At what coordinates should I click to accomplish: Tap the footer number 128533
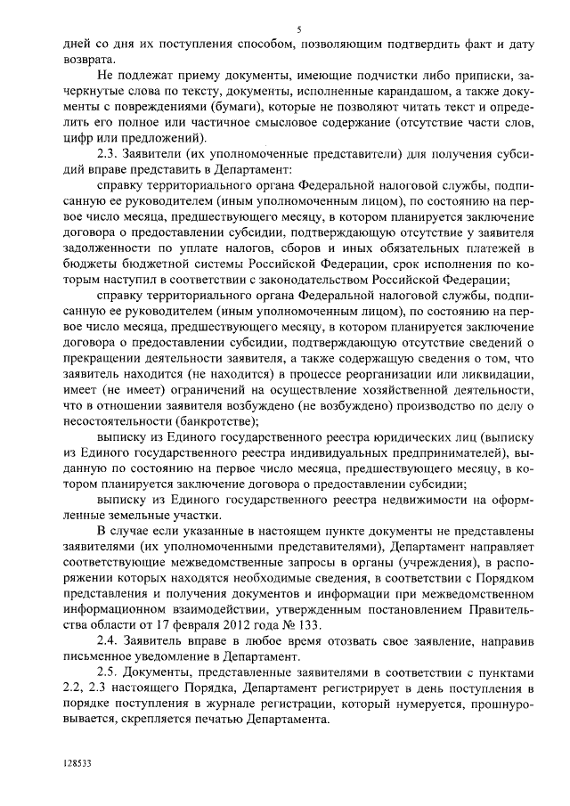[x=77, y=763]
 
